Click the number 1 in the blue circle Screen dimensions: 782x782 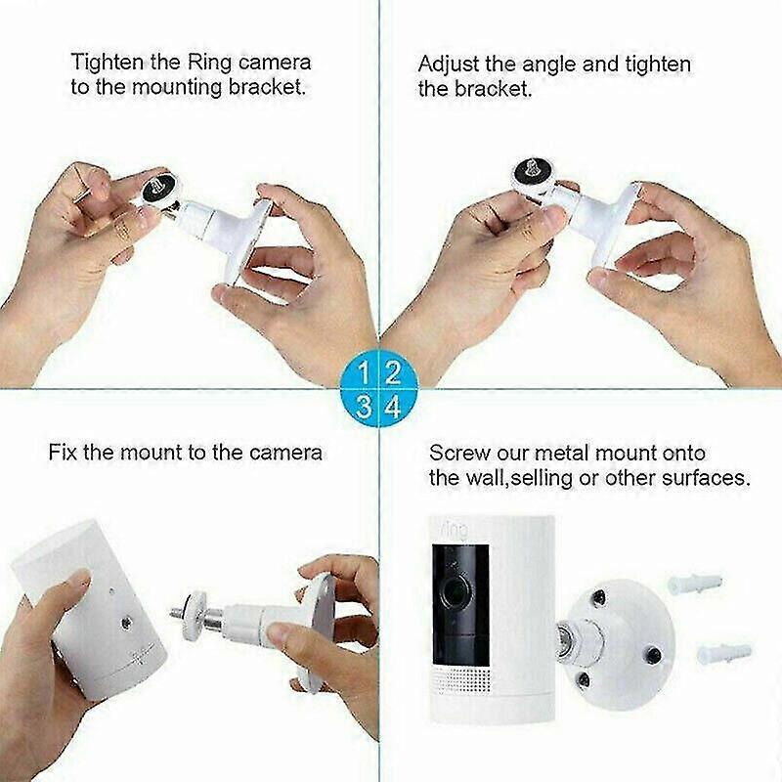point(364,372)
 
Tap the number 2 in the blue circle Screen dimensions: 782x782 point(393,372)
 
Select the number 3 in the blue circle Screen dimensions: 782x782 point(364,407)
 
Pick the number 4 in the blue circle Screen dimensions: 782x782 point(394,407)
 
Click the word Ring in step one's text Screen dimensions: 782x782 point(209,63)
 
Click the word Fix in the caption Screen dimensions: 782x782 point(63,453)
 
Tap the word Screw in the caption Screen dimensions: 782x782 point(459,453)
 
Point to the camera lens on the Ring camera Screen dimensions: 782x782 point(454,594)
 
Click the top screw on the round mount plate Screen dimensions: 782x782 point(597,596)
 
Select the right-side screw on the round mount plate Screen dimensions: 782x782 point(652,655)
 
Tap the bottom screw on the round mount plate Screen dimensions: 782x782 point(583,678)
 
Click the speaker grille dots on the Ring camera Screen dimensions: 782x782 point(459,680)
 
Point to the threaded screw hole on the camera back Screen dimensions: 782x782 point(127,623)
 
